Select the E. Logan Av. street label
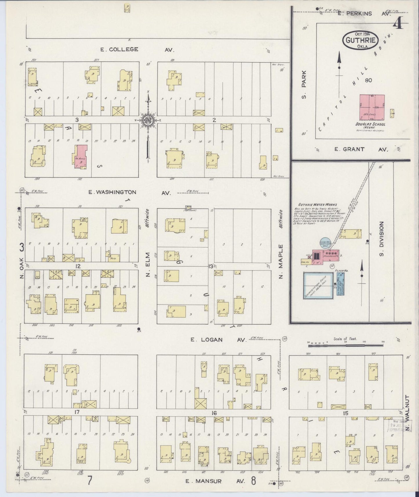(x=218, y=340)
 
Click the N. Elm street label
(x=148, y=264)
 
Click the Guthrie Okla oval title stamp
(x=361, y=40)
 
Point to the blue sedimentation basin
(x=318, y=286)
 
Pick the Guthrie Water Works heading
(x=315, y=205)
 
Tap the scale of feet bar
(x=345, y=345)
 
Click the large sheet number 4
(x=398, y=24)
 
